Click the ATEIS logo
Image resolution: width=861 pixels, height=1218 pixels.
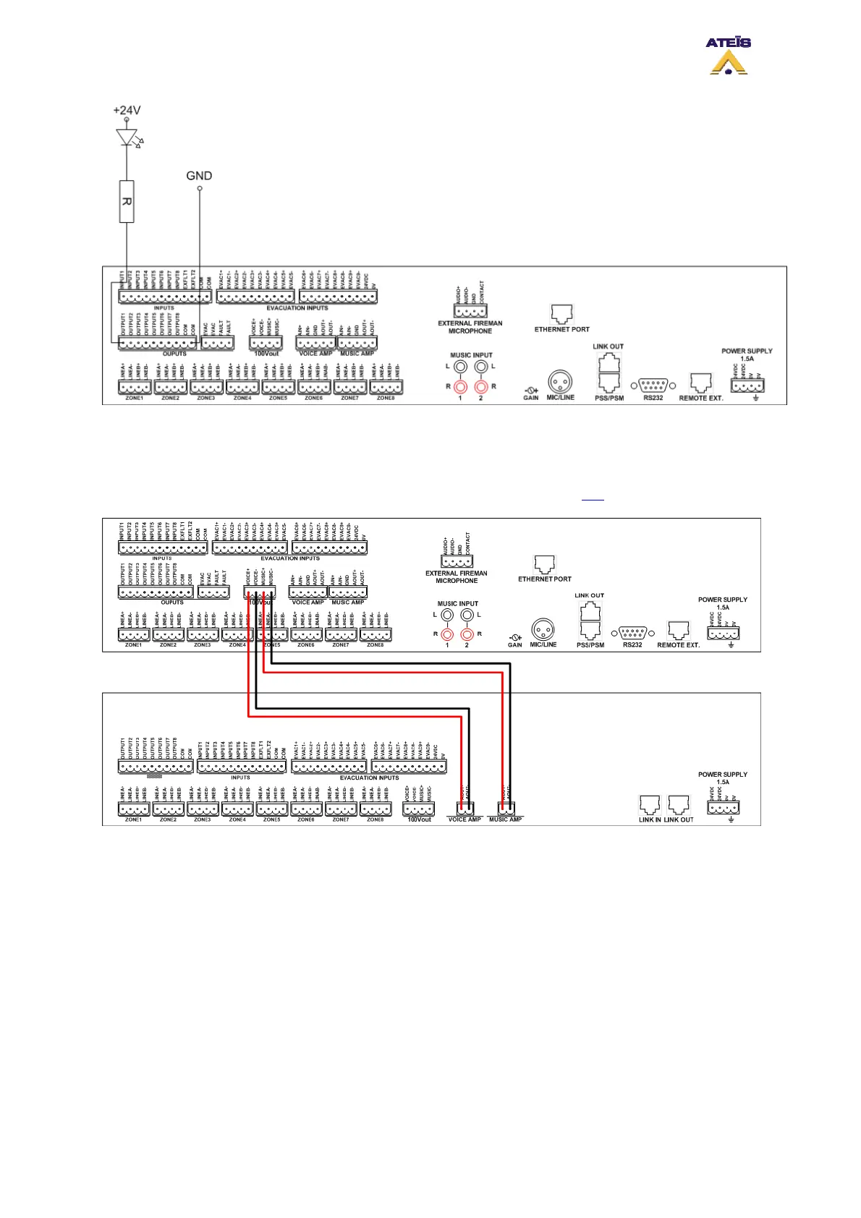point(728,55)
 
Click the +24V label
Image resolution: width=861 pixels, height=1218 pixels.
point(127,111)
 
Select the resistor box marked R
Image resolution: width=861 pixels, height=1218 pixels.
point(127,201)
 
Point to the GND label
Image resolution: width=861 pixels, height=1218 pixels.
point(199,176)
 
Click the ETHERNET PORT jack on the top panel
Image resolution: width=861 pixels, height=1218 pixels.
point(561,313)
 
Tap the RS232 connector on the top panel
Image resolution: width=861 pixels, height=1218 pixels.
point(653,385)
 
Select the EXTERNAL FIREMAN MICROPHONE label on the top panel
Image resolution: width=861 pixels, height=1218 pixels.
point(470,327)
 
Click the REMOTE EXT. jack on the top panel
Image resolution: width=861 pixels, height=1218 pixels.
point(700,383)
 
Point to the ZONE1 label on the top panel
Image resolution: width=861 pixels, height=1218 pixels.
point(135,398)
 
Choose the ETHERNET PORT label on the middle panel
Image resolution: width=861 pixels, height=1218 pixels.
point(544,579)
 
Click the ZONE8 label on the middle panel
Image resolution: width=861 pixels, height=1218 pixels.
point(375,644)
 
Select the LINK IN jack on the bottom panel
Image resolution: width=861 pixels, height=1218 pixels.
point(650,805)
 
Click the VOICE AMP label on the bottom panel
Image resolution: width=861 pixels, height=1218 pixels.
point(465,819)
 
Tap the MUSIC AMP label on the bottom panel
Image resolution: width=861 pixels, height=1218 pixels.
point(505,819)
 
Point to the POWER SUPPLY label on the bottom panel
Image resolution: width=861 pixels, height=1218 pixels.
point(722,775)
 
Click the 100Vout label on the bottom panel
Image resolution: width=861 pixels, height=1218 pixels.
point(419,819)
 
